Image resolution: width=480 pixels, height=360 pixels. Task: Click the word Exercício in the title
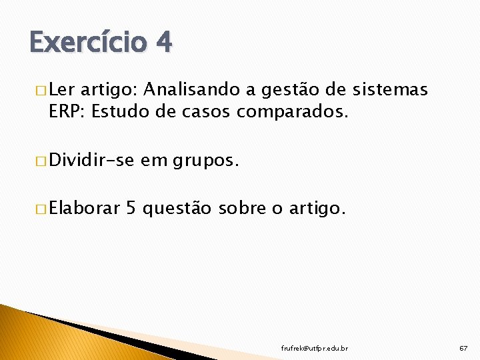[87, 43]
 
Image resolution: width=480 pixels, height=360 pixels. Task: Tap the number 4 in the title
[164, 43]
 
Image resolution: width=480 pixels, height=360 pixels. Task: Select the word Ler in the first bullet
[62, 89]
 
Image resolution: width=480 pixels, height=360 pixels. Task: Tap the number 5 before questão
[131, 209]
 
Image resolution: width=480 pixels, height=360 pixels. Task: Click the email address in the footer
[314, 349]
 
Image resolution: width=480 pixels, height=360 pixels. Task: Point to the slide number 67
[463, 349]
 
